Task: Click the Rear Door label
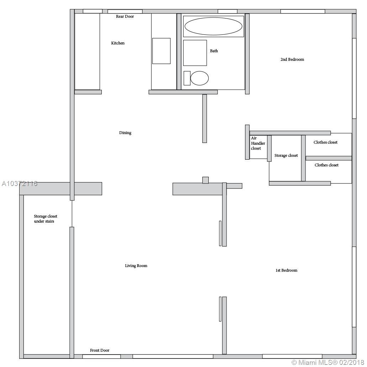point(125,16)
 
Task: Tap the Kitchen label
point(118,43)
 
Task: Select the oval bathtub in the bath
point(213,26)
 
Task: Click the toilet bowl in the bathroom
point(200,78)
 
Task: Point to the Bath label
point(214,51)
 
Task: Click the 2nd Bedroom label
point(292,59)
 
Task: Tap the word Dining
point(125,133)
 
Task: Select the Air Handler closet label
point(258,143)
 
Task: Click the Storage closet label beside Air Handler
point(286,155)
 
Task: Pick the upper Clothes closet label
point(326,142)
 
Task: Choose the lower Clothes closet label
point(326,165)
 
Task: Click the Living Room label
point(136,266)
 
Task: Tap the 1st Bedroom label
point(286,270)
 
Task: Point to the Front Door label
point(100,350)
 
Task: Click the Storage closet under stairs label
point(46,219)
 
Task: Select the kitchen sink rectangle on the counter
point(161,51)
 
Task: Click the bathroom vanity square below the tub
point(195,53)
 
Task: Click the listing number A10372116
point(20,184)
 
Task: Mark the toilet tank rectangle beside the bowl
point(187,78)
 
